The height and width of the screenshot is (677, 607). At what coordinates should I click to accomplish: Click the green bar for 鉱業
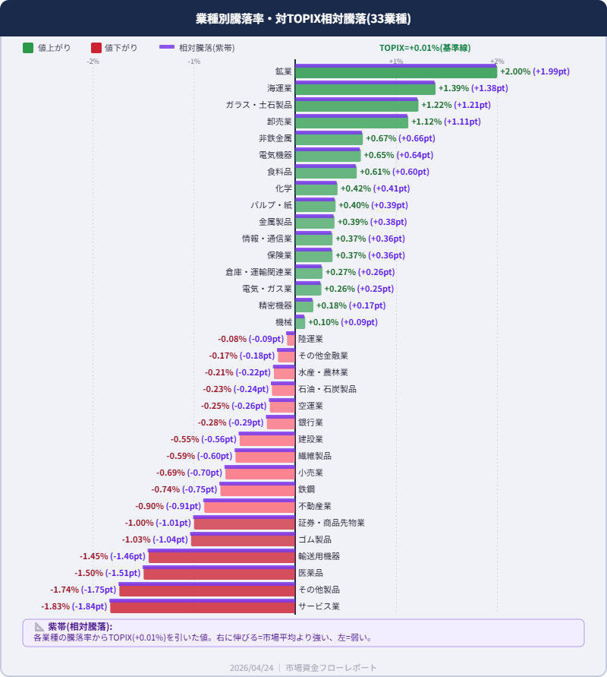[396, 72]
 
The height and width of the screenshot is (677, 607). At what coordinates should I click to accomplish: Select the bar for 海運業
[365, 89]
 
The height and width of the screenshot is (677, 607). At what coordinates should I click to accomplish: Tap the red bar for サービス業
[203, 607]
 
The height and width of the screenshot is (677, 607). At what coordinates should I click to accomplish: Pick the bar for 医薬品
[219, 574]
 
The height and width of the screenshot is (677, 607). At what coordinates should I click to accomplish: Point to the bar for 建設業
[267, 440]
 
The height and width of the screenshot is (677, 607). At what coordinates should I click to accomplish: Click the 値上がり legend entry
[46, 48]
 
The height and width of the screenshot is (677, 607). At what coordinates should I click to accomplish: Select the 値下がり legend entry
[114, 48]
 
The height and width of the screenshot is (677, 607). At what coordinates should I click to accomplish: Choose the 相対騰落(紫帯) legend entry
[197, 48]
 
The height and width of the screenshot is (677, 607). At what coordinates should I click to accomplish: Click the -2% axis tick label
[93, 62]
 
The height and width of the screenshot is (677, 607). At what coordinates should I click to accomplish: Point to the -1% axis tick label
[194, 62]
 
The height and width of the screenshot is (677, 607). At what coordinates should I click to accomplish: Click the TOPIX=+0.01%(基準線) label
[425, 48]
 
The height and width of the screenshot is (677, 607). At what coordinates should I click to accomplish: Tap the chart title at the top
[303, 19]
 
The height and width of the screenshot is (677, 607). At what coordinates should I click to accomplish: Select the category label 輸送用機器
[319, 556]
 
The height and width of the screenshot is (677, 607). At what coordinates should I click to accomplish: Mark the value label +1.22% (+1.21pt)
[461, 105]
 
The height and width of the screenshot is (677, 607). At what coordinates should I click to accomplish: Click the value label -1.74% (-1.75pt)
[83, 590]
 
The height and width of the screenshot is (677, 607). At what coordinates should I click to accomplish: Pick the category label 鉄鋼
[307, 489]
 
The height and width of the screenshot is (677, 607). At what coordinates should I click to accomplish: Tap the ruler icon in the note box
[39, 627]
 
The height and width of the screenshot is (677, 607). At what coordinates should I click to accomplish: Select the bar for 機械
[300, 323]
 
